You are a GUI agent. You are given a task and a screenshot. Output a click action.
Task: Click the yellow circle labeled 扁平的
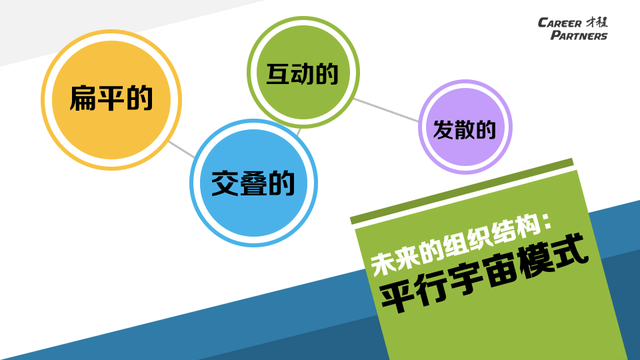(x=111, y=99)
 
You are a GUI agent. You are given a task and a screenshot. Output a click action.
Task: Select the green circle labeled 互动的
(x=303, y=72)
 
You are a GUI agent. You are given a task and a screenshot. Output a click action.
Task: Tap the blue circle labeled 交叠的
(x=253, y=183)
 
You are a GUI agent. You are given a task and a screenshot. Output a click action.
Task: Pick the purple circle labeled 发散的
(x=465, y=127)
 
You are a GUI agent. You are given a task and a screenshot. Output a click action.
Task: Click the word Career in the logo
(x=559, y=23)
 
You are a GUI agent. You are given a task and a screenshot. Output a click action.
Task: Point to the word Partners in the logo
(x=579, y=35)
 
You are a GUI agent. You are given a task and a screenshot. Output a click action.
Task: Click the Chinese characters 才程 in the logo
(x=597, y=22)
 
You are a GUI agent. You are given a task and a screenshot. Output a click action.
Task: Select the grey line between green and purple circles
(x=386, y=110)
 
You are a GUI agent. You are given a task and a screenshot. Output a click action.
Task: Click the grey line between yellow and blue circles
(x=181, y=149)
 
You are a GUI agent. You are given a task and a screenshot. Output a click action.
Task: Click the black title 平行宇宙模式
(x=484, y=273)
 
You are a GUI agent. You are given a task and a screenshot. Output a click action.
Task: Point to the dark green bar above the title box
(x=462, y=191)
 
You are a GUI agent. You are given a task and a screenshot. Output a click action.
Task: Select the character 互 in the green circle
(x=278, y=74)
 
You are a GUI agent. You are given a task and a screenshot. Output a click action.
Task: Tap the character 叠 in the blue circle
(x=253, y=183)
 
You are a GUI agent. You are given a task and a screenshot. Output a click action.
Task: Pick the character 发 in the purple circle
(x=443, y=130)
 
